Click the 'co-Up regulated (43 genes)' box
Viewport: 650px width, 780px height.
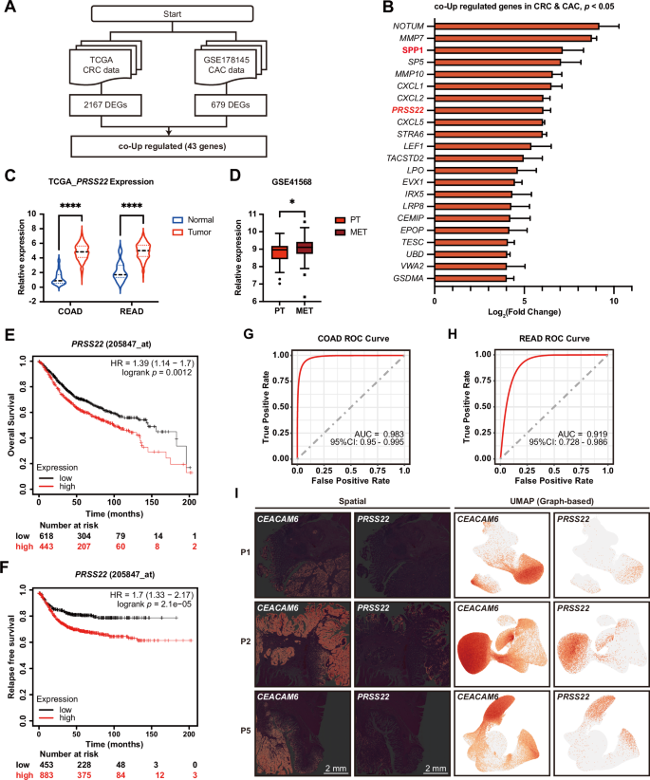point(168,147)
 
